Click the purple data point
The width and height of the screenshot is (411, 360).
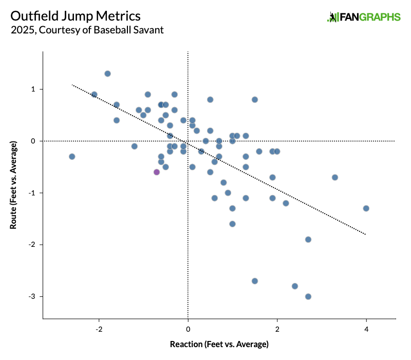pos(157,172)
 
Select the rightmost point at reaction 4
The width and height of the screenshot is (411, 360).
pos(366,208)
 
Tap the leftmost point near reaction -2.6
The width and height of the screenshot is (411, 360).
pos(72,156)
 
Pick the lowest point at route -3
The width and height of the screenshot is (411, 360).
pos(308,296)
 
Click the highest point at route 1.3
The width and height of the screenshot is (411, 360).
pos(107,74)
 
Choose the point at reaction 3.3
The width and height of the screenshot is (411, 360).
pos(335,177)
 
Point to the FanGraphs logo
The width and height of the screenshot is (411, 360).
pos(364,17)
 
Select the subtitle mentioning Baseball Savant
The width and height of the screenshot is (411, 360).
pos(87,30)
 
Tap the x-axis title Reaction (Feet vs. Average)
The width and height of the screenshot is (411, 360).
pos(219,344)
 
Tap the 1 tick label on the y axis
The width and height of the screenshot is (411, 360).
pos(33,89)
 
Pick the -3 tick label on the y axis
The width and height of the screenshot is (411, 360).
pos(32,297)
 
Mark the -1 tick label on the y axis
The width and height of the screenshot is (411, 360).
pos(32,193)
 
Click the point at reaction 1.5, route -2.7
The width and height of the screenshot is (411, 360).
pos(255,281)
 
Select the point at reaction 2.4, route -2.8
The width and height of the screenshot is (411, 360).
pos(295,286)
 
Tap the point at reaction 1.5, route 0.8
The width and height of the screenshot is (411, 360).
pos(255,99)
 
